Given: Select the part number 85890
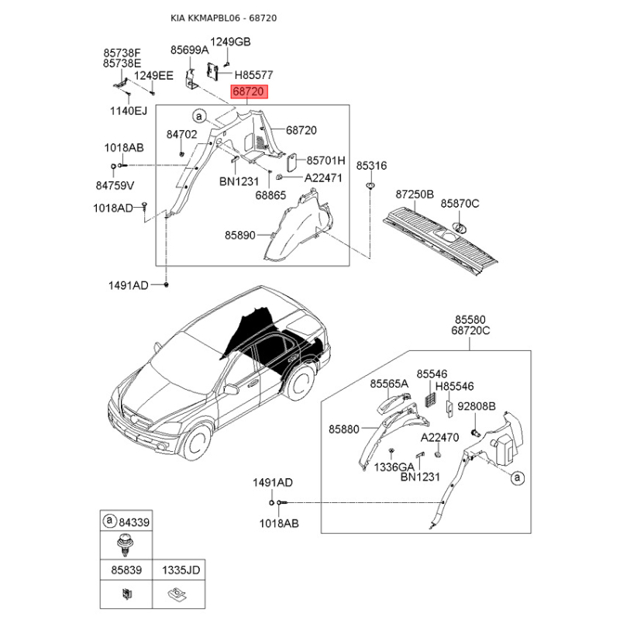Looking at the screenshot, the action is pyautogui.click(x=240, y=235).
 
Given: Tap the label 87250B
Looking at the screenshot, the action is pyautogui.click(x=415, y=195).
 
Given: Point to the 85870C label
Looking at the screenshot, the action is pyautogui.click(x=460, y=203).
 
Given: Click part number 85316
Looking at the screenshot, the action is pyautogui.click(x=371, y=165).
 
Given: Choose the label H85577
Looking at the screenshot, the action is pyautogui.click(x=254, y=74).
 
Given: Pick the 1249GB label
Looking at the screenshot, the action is pyautogui.click(x=230, y=42).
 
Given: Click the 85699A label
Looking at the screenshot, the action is pyautogui.click(x=189, y=50).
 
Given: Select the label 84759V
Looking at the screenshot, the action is pyautogui.click(x=115, y=185).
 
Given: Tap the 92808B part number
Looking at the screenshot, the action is pyautogui.click(x=477, y=406).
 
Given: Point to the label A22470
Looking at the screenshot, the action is pyautogui.click(x=439, y=437).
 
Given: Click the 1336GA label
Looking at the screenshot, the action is pyautogui.click(x=394, y=467).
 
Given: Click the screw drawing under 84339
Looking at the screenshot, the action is pyautogui.click(x=126, y=545).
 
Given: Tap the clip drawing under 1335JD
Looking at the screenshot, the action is pyautogui.click(x=177, y=594).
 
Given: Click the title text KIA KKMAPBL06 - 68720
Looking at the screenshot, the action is pyautogui.click(x=223, y=18).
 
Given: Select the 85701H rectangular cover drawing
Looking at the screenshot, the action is pyautogui.click(x=292, y=163).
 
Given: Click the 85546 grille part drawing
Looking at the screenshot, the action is pyautogui.click(x=431, y=399).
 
